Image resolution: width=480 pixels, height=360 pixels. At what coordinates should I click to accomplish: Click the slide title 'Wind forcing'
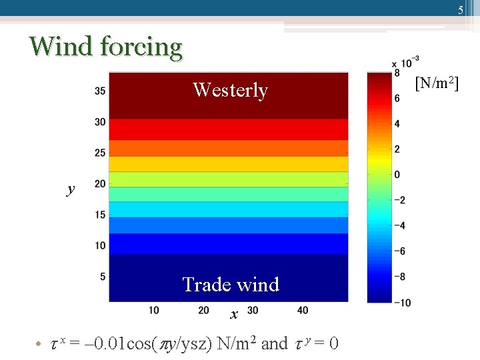click(x=105, y=47)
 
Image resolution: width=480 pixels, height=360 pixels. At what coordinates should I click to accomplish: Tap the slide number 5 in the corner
click(x=460, y=10)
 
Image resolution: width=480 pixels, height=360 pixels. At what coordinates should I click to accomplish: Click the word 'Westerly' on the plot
click(x=230, y=90)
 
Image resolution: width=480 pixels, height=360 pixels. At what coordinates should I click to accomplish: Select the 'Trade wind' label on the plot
click(x=231, y=285)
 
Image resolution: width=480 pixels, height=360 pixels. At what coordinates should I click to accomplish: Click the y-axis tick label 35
click(x=100, y=91)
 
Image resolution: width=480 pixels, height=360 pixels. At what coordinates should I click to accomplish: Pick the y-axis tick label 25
click(x=100, y=153)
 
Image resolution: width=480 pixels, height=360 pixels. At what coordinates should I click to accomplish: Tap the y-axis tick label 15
click(x=100, y=215)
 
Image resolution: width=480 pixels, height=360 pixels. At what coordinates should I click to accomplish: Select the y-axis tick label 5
click(x=103, y=276)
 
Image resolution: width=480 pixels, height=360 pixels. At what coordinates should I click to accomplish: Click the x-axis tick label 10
click(x=153, y=310)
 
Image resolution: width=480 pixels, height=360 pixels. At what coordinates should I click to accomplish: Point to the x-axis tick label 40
click(x=303, y=310)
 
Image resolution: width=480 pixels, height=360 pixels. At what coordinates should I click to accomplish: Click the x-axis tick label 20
click(x=203, y=310)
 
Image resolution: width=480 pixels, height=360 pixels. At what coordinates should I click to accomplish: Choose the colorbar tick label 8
click(x=397, y=73)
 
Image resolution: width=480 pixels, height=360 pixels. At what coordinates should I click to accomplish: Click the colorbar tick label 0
click(x=397, y=175)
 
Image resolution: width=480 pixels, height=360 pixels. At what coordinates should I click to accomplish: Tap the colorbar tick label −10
click(x=401, y=303)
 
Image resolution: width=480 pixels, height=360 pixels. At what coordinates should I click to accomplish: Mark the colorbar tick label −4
click(x=399, y=226)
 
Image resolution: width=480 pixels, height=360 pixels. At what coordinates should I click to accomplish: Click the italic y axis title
click(x=71, y=190)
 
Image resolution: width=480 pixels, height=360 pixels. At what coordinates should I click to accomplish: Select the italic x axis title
click(x=233, y=314)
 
